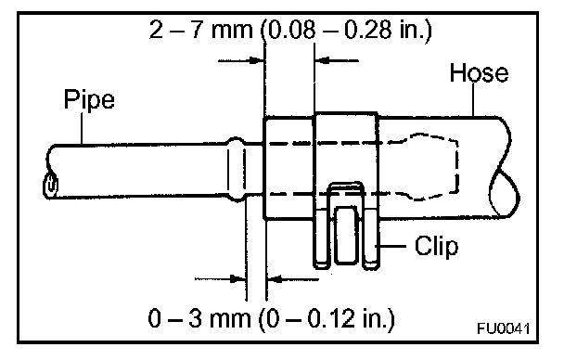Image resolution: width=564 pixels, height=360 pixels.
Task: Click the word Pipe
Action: [89, 99]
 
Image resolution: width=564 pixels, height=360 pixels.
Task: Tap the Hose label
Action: [479, 72]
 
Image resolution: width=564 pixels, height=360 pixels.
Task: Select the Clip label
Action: [436, 247]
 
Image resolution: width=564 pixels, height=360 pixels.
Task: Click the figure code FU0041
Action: [503, 328]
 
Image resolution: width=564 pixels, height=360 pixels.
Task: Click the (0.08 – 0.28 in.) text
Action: [346, 30]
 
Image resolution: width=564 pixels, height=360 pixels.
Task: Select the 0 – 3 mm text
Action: [199, 318]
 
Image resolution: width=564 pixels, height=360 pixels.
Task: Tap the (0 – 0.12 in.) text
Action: [327, 318]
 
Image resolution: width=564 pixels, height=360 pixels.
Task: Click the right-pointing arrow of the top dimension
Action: [241, 60]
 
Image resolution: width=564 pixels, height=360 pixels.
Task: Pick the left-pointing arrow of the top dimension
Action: [337, 60]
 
